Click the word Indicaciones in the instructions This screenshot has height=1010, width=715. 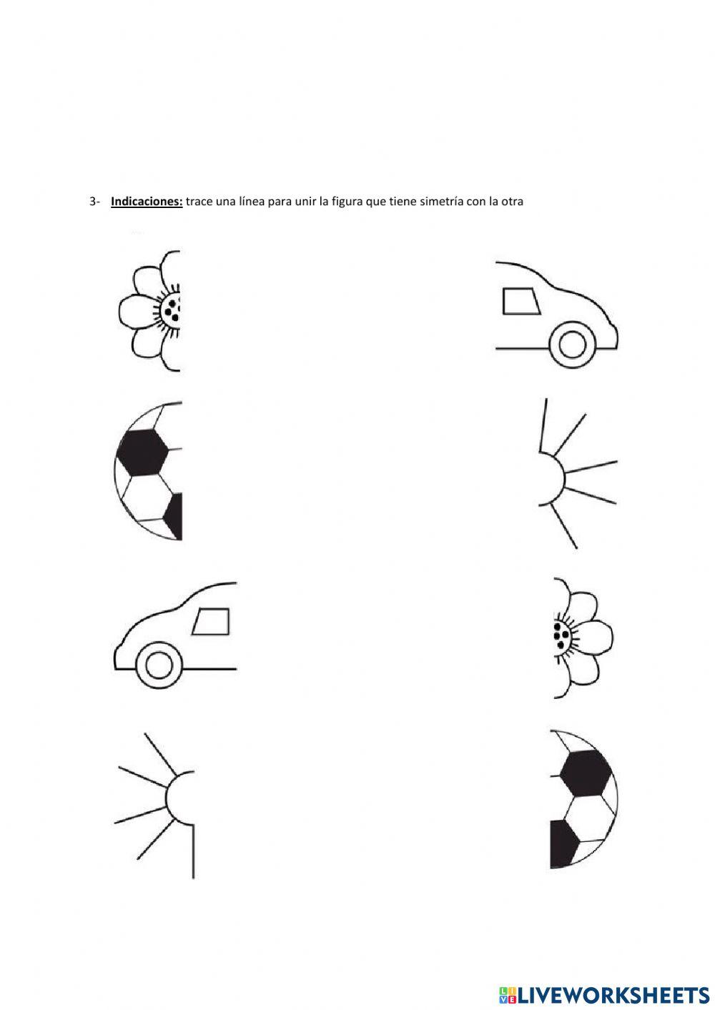[147, 202]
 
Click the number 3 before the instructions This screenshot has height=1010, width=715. [93, 202]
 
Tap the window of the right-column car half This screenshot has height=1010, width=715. [521, 301]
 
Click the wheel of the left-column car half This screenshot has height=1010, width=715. [159, 665]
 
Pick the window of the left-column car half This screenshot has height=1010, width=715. [212, 621]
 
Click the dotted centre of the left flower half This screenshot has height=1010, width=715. [172, 310]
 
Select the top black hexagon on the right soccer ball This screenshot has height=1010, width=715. [586, 773]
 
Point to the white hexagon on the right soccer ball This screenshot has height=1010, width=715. [588, 818]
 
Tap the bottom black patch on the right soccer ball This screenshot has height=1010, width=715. [563, 844]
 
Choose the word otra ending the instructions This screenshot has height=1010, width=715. [512, 202]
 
